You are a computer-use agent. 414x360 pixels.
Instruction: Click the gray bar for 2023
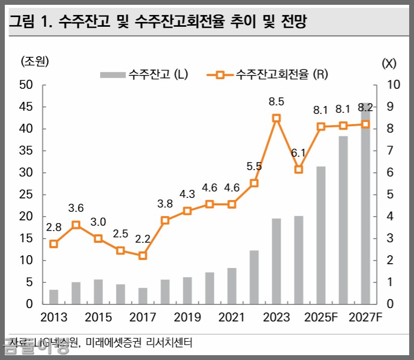(277, 261)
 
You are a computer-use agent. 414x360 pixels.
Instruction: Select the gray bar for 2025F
(321, 235)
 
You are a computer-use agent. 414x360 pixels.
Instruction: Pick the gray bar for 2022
(254, 277)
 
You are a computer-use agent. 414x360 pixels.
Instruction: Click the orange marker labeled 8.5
(277, 118)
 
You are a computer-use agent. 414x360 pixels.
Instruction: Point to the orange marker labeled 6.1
(299, 169)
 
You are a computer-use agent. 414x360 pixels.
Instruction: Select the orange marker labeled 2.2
(143, 256)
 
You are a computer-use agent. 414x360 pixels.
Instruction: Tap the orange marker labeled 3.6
(76, 225)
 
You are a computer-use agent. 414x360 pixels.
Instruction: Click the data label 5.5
(254, 166)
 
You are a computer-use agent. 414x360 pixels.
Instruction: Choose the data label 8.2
(365, 109)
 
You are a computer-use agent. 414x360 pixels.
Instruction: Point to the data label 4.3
(187, 194)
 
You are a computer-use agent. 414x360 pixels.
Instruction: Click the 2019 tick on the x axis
(187, 317)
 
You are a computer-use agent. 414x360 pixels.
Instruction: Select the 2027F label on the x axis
(365, 317)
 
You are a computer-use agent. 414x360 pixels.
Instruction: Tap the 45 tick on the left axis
(27, 107)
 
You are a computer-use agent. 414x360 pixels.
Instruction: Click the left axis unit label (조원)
(35, 62)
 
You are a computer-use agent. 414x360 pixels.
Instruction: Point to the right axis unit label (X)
(389, 63)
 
